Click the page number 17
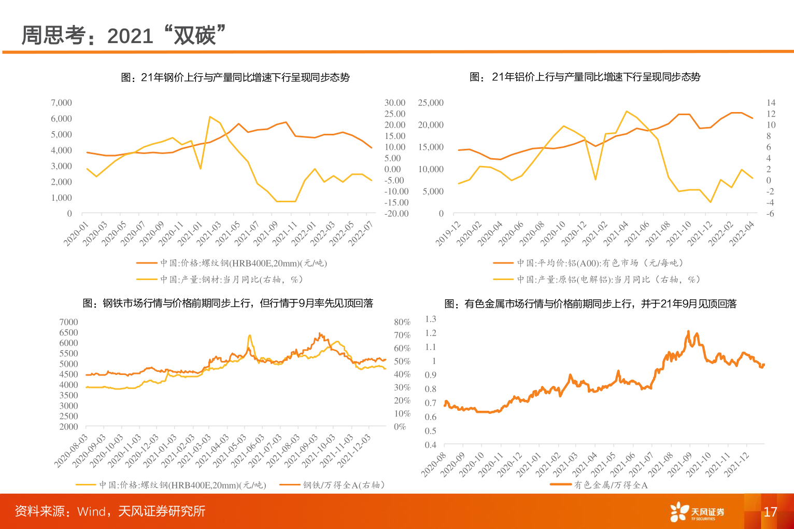[770, 512]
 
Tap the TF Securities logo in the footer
[697, 512]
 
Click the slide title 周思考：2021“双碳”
[124, 35]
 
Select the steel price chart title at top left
[235, 77]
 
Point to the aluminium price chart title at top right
[585, 77]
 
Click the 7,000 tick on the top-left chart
[61, 103]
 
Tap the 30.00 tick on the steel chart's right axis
[395, 103]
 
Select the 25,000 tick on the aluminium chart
[431, 103]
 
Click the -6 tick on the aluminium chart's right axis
[771, 213]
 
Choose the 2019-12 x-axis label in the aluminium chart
[448, 233]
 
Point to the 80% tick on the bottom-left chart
[402, 322]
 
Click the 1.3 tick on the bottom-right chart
[430, 319]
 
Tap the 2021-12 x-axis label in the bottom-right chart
[738, 463]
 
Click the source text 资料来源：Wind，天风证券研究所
[110, 511]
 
